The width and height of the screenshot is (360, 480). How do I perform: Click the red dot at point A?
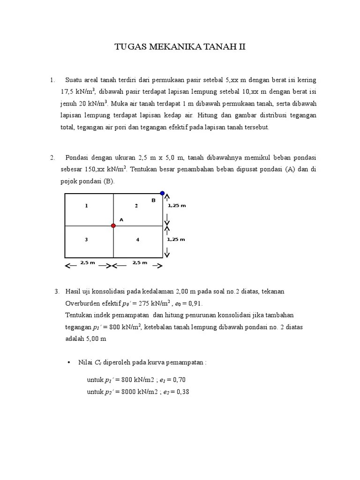[x=113, y=225]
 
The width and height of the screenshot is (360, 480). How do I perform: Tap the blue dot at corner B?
[x=163, y=193]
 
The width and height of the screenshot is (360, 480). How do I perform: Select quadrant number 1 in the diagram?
[x=86, y=205]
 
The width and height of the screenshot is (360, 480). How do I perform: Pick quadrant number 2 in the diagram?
[x=136, y=205]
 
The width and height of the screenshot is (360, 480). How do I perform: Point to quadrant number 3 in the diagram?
[x=86, y=240]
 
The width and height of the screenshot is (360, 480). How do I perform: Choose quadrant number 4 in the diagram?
[x=137, y=240]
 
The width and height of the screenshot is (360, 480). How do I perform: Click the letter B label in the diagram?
[x=153, y=200]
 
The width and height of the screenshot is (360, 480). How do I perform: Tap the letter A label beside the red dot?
[x=121, y=219]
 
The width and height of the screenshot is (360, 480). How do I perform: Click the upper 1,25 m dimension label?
[x=176, y=205]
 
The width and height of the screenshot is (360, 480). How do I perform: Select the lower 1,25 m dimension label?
[x=176, y=239]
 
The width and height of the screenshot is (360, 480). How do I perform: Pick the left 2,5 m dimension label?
[x=88, y=262]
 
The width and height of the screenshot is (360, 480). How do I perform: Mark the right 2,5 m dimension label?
[x=139, y=262]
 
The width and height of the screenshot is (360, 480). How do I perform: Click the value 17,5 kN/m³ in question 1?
[x=78, y=91]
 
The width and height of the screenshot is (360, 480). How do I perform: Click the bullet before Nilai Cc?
[x=69, y=362]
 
